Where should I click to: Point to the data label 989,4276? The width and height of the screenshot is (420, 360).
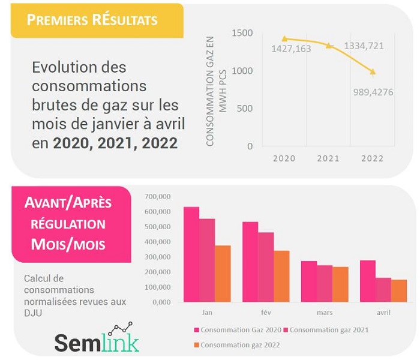coord(373,92)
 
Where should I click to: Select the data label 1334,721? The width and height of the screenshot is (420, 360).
coord(364,46)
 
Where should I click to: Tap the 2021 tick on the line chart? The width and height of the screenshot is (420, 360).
coord(328,158)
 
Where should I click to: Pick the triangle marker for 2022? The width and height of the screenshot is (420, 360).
coord(373,72)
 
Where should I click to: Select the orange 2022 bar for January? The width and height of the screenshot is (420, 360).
coord(223,274)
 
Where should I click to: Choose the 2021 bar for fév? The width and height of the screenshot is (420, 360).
coord(266,267)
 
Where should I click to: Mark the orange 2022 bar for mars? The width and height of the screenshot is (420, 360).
coord(340,284)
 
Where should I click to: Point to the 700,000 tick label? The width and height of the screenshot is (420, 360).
coord(158,197)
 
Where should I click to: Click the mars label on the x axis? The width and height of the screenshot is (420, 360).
coord(325,313)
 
